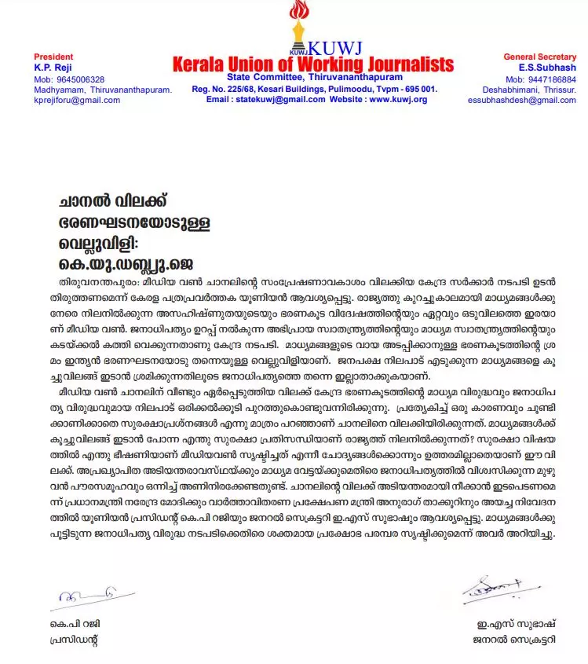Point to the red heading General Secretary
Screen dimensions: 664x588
coord(539,57)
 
